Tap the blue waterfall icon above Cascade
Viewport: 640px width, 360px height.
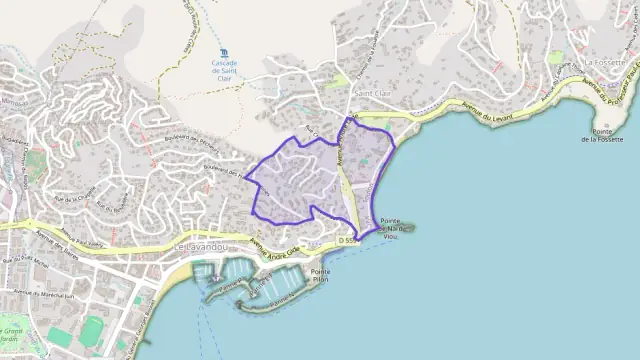click(223, 51)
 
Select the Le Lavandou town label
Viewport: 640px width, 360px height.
click(200, 247)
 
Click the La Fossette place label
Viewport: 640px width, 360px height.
click(605, 61)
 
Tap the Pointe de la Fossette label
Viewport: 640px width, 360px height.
click(608, 135)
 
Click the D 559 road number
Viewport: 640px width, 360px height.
click(348, 241)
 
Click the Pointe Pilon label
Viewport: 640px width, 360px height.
click(321, 277)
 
